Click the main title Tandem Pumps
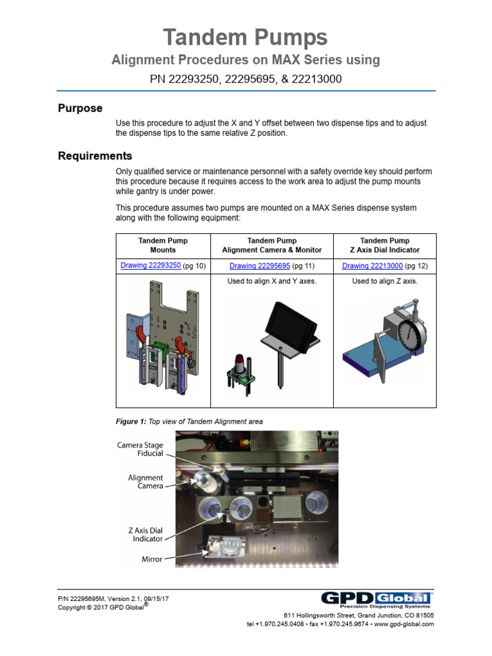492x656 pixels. [245, 37]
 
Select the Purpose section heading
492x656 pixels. [80, 108]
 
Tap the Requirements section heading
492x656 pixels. [95, 156]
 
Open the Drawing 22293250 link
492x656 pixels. [151, 265]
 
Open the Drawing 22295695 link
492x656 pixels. [260, 266]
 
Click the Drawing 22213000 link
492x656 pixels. [372, 266]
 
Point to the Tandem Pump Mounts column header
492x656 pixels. [162, 245]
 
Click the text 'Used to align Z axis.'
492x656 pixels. [384, 281]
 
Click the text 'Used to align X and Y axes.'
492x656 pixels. [272, 281]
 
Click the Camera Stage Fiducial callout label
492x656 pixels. [140, 449]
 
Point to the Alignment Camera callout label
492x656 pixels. [145, 482]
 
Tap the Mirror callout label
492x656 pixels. [152, 559]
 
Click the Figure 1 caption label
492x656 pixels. [131, 422]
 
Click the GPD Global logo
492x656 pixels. [376, 600]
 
